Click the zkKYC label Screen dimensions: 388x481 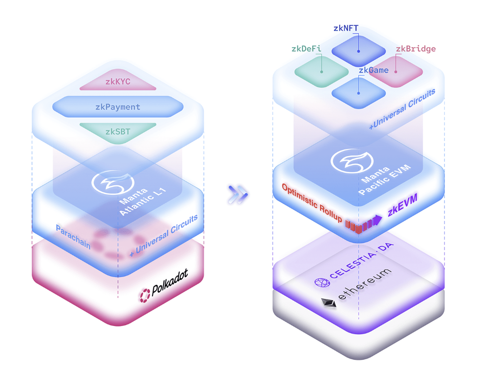pyautogui.click(x=118, y=82)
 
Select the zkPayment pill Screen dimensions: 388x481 pyautogui.click(x=118, y=107)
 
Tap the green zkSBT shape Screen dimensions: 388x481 pyautogui.click(x=118, y=131)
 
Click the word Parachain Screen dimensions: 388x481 pyautogui.click(x=73, y=236)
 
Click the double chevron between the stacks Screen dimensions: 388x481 pyautogui.click(x=238, y=193)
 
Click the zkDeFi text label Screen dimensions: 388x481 pyautogui.click(x=306, y=49)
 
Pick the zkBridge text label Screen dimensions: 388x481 pyautogui.click(x=416, y=49)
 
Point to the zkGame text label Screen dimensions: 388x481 pyautogui.click(x=373, y=70)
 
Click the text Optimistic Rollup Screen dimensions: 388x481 pyautogui.click(x=312, y=203)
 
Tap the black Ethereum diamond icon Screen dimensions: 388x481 pyautogui.click(x=329, y=304)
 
